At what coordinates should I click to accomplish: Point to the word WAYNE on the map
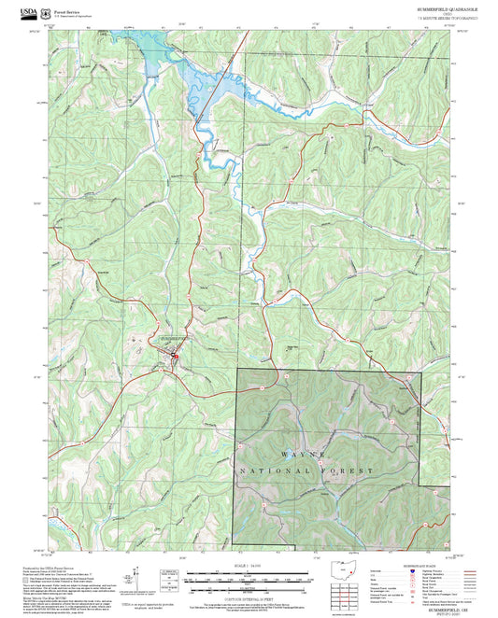(305, 456)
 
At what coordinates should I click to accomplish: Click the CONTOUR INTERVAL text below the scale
(249, 596)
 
